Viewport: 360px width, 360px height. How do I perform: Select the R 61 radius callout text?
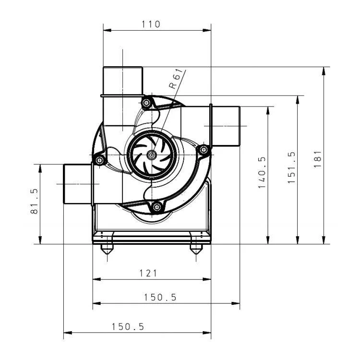pyautogui.click(x=176, y=79)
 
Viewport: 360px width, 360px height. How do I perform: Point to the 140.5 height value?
pyautogui.click(x=262, y=172)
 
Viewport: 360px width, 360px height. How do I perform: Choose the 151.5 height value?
pyautogui.click(x=291, y=168)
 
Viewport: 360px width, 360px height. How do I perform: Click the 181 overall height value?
pyautogui.click(x=317, y=159)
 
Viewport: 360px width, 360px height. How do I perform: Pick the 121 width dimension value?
pyautogui.click(x=148, y=273)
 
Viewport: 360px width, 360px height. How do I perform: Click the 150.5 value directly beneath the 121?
pyautogui.click(x=160, y=298)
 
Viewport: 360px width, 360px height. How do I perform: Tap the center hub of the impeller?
pyautogui.click(x=152, y=155)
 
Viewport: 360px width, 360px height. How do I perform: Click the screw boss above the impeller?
pyautogui.click(x=146, y=102)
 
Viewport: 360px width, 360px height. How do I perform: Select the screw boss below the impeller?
pyautogui.click(x=156, y=207)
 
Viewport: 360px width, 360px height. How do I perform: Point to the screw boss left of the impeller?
pyautogui.click(x=99, y=160)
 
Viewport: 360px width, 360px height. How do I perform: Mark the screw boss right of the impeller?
pyautogui.click(x=204, y=150)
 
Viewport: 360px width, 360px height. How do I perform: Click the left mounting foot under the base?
pyautogui.click(x=106, y=250)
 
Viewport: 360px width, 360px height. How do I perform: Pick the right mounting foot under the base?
pyautogui.click(x=195, y=250)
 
